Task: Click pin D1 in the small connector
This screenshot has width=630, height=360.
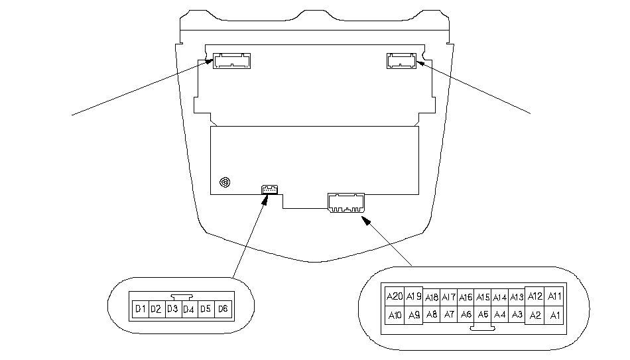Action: [140, 309]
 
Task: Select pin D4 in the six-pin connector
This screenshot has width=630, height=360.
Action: [189, 309]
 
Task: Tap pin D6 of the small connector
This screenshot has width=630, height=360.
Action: [223, 309]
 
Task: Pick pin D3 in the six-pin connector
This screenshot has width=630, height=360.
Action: [172, 309]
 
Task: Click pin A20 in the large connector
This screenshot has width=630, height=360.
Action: [394, 296]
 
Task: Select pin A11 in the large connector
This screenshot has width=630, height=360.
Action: [554, 296]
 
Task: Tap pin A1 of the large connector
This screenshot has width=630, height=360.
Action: [554, 315]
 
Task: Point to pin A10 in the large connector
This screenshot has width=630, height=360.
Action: [394, 315]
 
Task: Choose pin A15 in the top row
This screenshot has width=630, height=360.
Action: [483, 298]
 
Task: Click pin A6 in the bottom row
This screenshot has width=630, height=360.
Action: [466, 314]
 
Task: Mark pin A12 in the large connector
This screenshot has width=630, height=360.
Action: [535, 296]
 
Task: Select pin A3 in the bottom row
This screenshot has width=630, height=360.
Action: [517, 314]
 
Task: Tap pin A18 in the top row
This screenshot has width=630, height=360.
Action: [432, 298]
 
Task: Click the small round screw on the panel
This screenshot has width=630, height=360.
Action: [225, 182]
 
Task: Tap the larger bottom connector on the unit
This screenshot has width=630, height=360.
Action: [346, 202]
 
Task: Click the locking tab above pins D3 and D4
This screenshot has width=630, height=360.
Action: [180, 298]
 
